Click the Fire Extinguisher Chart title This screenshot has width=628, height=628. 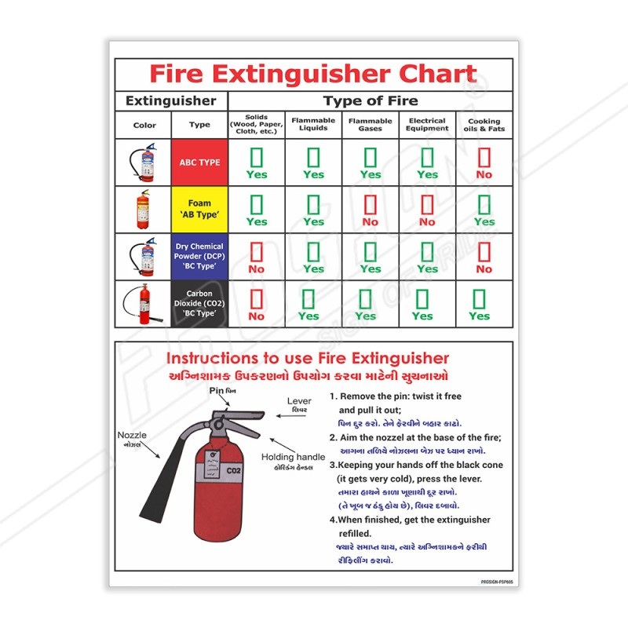313,75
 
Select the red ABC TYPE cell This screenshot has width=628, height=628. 199,162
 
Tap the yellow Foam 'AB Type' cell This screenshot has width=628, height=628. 199,209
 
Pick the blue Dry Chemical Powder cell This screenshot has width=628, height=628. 199,257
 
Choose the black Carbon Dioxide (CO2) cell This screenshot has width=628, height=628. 199,304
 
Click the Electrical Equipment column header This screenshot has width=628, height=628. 427,125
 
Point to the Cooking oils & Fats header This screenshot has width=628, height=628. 484,125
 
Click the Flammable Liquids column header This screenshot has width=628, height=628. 313,125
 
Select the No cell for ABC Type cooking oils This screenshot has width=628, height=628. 484,163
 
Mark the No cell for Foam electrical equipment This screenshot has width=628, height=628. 427,210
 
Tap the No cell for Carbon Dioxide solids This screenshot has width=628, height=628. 256,305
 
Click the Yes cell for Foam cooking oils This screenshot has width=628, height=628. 484,210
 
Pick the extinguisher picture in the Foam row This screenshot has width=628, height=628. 143,209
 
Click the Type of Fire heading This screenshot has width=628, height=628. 371,100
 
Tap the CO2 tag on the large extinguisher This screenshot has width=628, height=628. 233,470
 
